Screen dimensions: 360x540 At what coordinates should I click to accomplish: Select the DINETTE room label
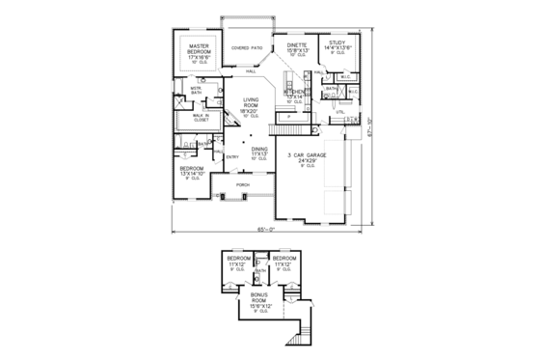pyautogui.click(x=297, y=44)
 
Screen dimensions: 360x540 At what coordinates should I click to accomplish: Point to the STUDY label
pyautogui.click(x=336, y=43)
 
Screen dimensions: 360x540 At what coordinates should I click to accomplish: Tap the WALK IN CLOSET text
pyautogui.click(x=202, y=119)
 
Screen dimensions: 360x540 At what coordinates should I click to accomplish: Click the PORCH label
pyautogui.click(x=243, y=182)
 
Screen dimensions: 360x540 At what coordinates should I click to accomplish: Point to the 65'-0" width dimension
pyautogui.click(x=267, y=229)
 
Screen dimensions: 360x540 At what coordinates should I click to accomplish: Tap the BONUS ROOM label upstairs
pyautogui.click(x=259, y=299)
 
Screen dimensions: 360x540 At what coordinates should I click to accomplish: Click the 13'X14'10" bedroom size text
pyautogui.click(x=192, y=173)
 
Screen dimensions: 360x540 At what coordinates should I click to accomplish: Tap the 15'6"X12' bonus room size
pyautogui.click(x=259, y=307)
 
